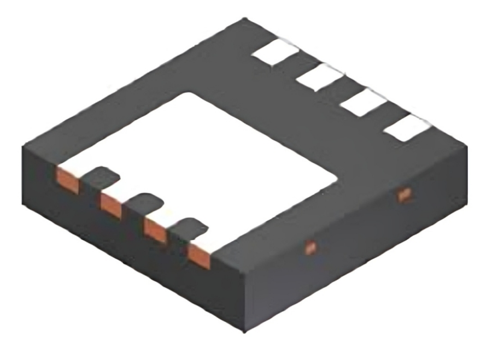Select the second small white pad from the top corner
tap(320, 76)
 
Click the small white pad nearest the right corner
tap(407, 128)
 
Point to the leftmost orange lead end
tap(68, 180)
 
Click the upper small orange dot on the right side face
tap(404, 194)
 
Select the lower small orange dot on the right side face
tap(310, 247)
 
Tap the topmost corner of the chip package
tap(247, 20)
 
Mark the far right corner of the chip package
tap(468, 144)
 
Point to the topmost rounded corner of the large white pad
tap(191, 92)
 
